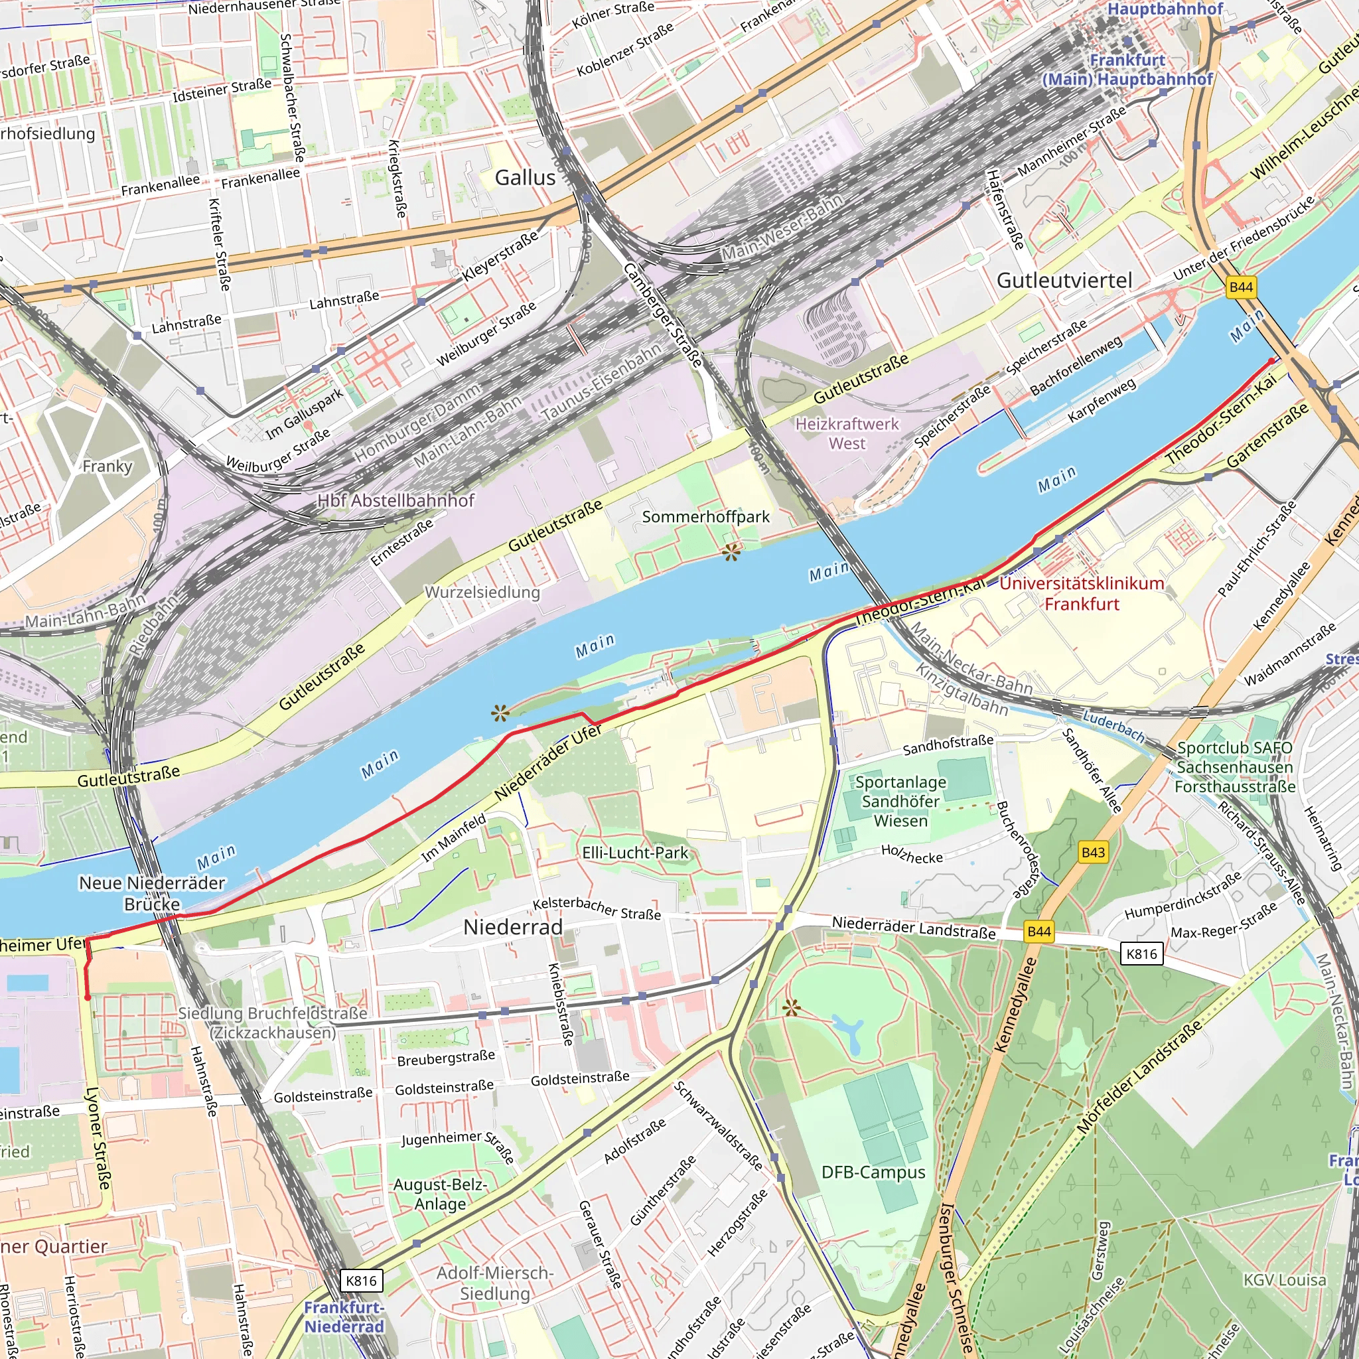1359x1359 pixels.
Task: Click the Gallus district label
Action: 525,178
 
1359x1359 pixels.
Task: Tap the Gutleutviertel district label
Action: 1064,281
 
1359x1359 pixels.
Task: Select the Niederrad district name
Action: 513,927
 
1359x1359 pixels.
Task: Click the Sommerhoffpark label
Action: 705,517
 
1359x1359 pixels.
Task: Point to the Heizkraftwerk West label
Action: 847,434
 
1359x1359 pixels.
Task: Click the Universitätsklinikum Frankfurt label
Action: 1082,594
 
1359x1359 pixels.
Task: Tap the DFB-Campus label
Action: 874,1172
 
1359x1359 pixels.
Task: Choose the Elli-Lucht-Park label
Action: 635,853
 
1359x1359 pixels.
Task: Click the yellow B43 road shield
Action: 1092,853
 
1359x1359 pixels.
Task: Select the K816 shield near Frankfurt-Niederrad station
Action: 362,1280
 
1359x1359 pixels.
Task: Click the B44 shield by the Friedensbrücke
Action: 1241,287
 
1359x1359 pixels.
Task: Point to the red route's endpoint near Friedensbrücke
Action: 1271,361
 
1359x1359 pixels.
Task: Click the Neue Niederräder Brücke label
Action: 152,893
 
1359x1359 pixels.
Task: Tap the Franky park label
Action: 107,466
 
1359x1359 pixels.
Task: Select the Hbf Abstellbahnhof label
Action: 396,501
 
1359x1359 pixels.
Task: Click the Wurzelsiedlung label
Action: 482,593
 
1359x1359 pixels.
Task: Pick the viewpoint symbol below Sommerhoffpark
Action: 731,553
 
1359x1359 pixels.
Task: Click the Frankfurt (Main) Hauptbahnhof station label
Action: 1127,70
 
